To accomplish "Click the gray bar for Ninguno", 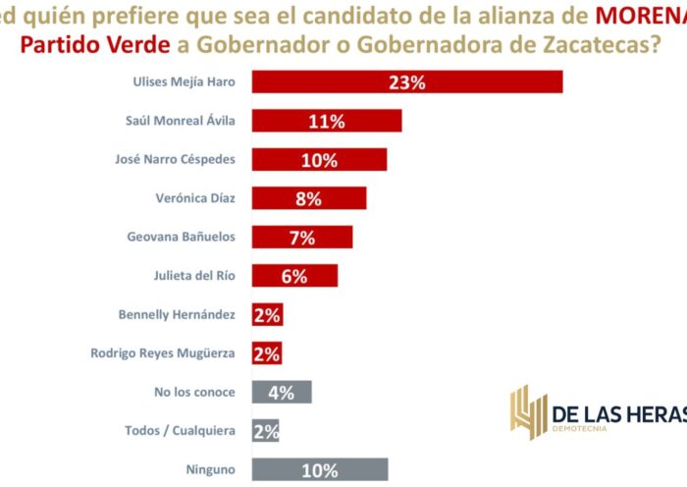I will [x=320, y=469].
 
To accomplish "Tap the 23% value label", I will [x=406, y=82].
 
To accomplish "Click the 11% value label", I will [x=326, y=122].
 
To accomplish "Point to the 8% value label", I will [x=308, y=198].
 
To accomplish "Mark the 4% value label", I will [x=281, y=392].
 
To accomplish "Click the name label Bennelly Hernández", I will [x=176, y=314].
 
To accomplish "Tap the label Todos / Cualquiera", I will [x=181, y=430].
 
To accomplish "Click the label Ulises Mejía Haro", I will [x=184, y=82].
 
